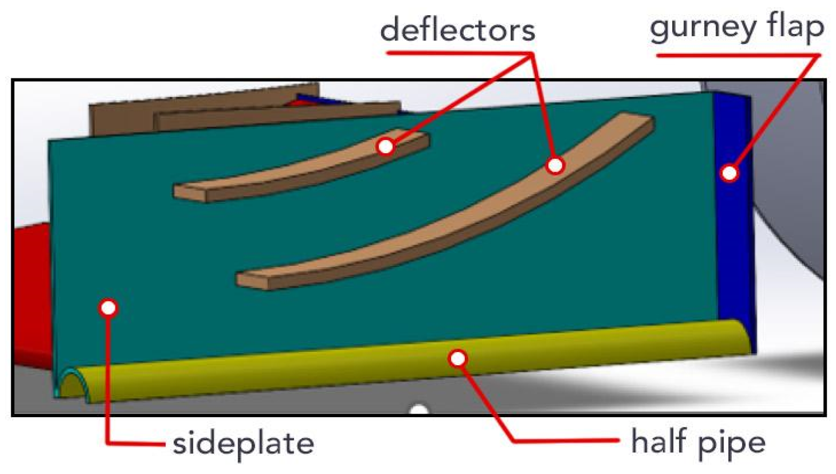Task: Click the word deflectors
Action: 457,30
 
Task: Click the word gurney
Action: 702,28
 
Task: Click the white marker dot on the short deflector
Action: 385,146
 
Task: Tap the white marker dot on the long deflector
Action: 555,166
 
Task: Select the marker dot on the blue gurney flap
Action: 729,173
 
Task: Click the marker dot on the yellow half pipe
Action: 457,358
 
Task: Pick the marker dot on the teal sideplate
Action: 108,308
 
